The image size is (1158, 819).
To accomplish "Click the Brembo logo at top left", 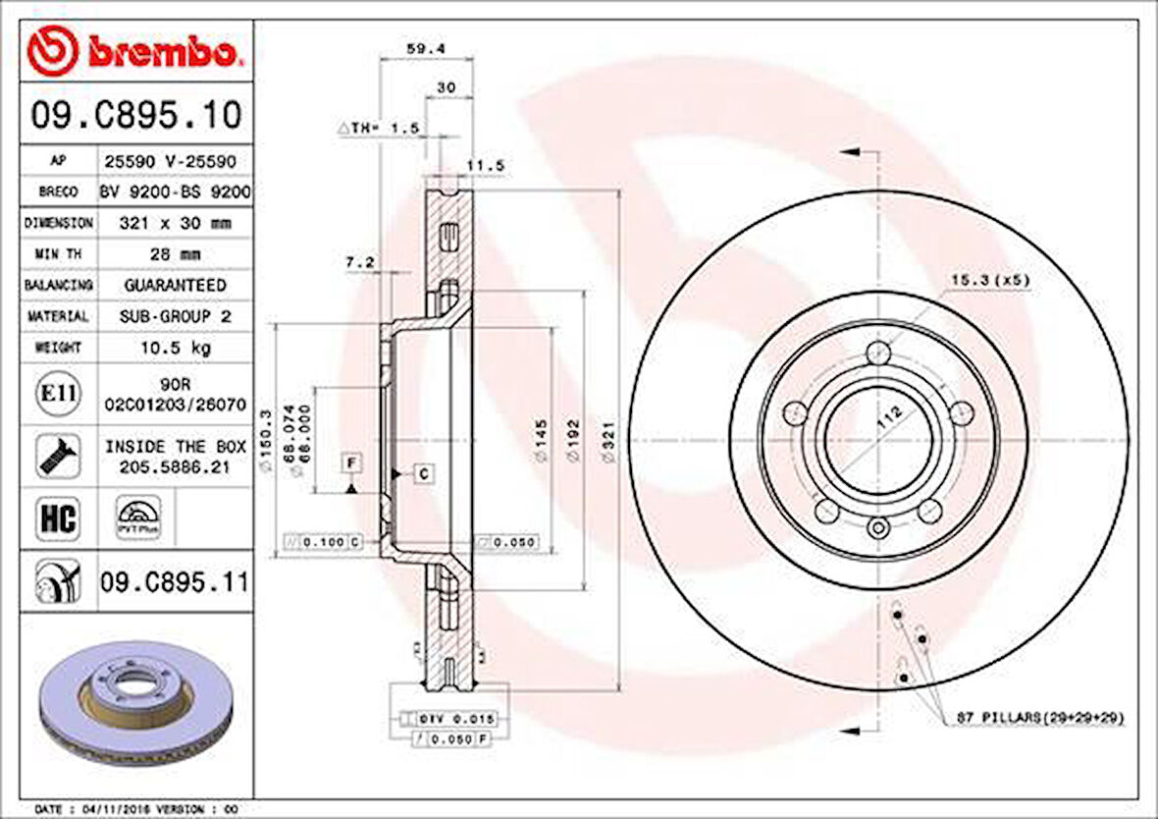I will point(133,51).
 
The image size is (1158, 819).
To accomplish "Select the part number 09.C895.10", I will point(135,116).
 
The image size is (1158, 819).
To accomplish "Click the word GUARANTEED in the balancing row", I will point(174,285).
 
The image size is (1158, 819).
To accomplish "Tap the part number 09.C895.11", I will point(174,583).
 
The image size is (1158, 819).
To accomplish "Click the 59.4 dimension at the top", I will point(419,47).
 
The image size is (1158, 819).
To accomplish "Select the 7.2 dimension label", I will point(360,262).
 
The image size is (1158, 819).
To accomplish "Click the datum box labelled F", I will point(350,461).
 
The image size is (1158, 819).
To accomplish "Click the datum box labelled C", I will point(423,474).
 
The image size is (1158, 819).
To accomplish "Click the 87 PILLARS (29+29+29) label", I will point(1039,719).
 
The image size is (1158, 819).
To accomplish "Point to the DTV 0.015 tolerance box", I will point(456,719).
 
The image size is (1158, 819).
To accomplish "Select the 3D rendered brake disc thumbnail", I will point(136,704).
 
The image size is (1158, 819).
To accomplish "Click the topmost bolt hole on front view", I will point(879,355).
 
